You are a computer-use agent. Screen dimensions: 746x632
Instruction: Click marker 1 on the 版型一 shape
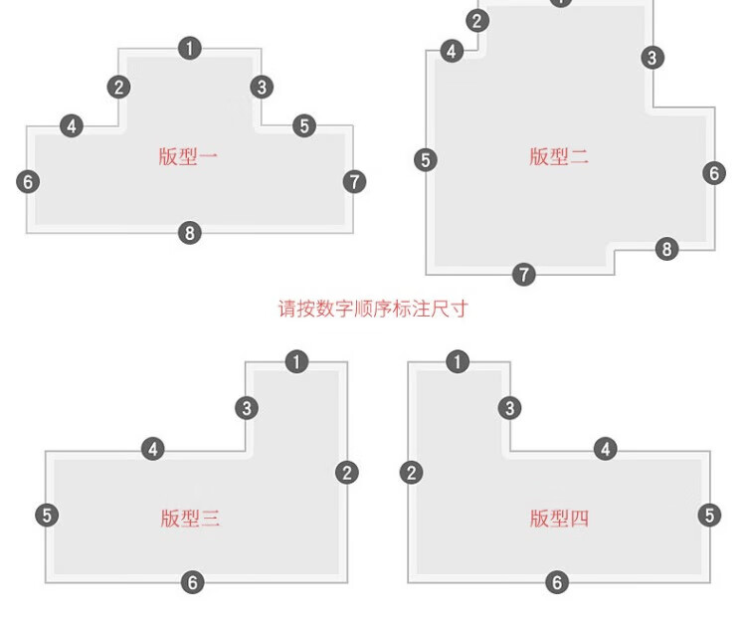click(190, 49)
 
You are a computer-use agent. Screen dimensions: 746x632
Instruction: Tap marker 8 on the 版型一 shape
click(190, 233)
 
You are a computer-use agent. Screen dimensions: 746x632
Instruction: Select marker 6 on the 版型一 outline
click(28, 182)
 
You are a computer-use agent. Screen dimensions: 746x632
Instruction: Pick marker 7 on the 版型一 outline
click(354, 182)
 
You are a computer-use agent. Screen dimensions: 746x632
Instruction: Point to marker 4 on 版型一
click(72, 126)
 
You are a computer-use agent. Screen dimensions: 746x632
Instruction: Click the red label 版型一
click(188, 156)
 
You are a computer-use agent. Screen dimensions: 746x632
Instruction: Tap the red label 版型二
click(559, 156)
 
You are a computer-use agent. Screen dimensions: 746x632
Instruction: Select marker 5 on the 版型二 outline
click(426, 160)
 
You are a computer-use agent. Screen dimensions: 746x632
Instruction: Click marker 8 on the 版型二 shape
click(667, 249)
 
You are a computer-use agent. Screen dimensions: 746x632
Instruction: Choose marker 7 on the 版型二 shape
click(524, 275)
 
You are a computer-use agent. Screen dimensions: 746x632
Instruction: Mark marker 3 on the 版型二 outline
click(653, 58)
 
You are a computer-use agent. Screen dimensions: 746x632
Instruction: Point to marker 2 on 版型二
click(477, 21)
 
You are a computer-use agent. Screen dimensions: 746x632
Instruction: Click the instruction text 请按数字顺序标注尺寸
click(373, 309)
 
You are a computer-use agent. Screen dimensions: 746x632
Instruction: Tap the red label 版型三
click(190, 519)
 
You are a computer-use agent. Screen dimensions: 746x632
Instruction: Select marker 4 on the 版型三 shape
click(153, 449)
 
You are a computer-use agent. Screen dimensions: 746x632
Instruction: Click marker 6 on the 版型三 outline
click(193, 582)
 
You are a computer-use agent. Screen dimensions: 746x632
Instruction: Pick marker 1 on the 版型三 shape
click(296, 361)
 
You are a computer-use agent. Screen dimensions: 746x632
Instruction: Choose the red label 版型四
click(559, 519)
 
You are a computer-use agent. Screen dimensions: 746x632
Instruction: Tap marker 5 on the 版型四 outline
click(709, 516)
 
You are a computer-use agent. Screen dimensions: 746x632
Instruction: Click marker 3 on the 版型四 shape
click(509, 408)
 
